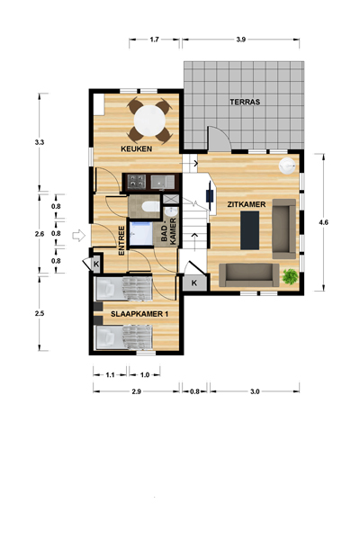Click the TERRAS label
click(x=245, y=102)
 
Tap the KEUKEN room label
click(x=137, y=148)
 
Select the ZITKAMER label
click(x=247, y=204)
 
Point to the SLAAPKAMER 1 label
click(x=139, y=314)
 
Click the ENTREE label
click(x=121, y=240)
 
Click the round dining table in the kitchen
click(x=150, y=121)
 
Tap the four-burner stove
click(x=137, y=182)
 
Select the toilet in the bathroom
click(x=150, y=206)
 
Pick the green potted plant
click(x=290, y=276)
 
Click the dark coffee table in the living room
click(x=250, y=230)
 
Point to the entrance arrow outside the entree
click(x=78, y=236)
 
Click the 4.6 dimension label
click(x=323, y=222)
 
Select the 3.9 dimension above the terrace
click(x=240, y=40)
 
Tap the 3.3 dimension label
click(x=40, y=142)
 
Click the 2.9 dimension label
click(x=136, y=391)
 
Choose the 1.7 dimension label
click(x=155, y=40)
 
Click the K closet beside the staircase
click(x=194, y=283)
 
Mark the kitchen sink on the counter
click(x=163, y=182)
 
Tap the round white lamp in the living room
click(x=286, y=166)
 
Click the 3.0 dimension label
click(x=255, y=391)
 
